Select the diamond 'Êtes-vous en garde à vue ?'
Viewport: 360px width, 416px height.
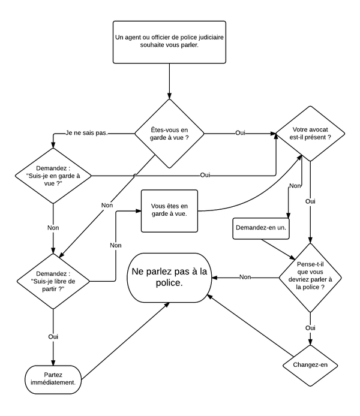pyautogui.click(x=169, y=133)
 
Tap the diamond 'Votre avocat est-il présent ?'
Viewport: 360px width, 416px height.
pyautogui.click(x=310, y=132)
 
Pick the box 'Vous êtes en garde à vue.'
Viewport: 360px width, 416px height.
pyautogui.click(x=169, y=210)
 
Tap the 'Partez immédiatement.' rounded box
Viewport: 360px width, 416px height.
pyautogui.click(x=53, y=377)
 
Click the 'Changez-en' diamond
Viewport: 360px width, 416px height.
pyautogui.click(x=310, y=364)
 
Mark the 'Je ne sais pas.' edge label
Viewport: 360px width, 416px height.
pyautogui.click(x=87, y=132)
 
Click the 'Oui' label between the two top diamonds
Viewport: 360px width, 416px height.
pyautogui.click(x=240, y=132)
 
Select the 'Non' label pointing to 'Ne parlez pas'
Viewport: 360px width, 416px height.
pyautogui.click(x=245, y=277)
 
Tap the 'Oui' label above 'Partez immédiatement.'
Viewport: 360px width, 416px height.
pyautogui.click(x=53, y=337)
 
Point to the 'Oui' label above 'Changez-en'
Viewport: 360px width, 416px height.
pyautogui.click(x=310, y=328)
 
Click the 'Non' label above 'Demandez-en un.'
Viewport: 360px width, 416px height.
pyautogui.click(x=295, y=186)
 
